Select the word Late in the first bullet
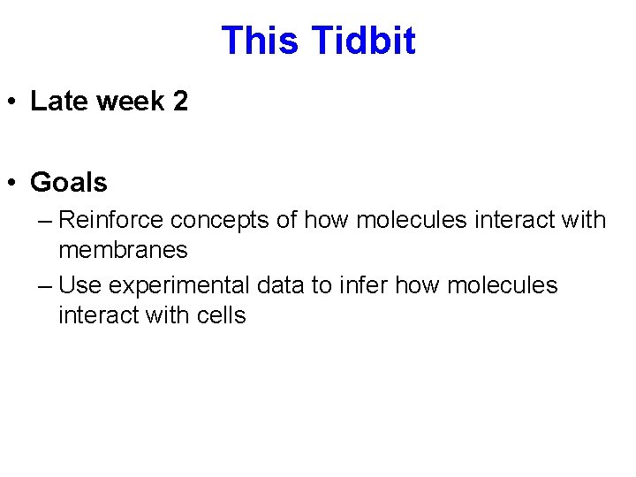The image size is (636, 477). pos(59,102)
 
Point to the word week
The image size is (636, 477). pos(130,102)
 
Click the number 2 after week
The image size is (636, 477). pos(180,102)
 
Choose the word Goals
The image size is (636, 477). pos(69,183)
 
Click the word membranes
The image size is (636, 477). pos(123,250)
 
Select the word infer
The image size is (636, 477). pos(362,285)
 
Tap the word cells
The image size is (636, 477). pos(220,315)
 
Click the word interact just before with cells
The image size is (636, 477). pos(98,315)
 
